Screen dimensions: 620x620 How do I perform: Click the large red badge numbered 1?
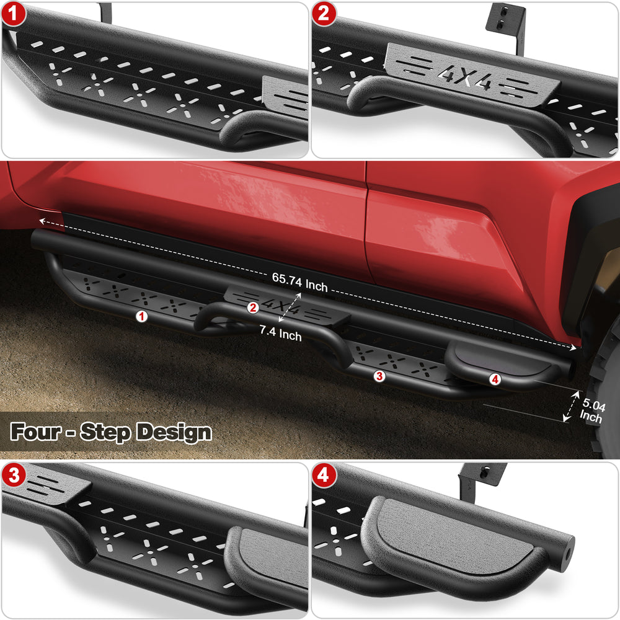coord(14,14)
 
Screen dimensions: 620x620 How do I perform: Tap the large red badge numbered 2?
coord(324,14)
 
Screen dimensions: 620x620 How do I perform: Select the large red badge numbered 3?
coord(14,475)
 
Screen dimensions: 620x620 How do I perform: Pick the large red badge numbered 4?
coord(324,475)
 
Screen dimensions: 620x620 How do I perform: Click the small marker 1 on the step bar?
coord(141,316)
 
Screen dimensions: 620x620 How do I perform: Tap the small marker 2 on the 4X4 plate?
coord(253,308)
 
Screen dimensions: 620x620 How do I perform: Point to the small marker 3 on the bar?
coord(379,376)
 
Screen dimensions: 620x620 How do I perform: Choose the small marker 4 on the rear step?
coord(495,379)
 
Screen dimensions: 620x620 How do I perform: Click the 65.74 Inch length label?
coord(299,282)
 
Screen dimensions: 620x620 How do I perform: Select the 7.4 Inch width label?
coord(280,334)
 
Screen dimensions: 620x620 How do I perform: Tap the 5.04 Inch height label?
coord(592,410)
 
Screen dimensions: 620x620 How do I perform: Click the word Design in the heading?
coord(174,432)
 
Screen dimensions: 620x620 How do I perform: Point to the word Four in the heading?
coord(35,431)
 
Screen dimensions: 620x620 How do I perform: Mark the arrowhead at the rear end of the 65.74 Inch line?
coord(573,347)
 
